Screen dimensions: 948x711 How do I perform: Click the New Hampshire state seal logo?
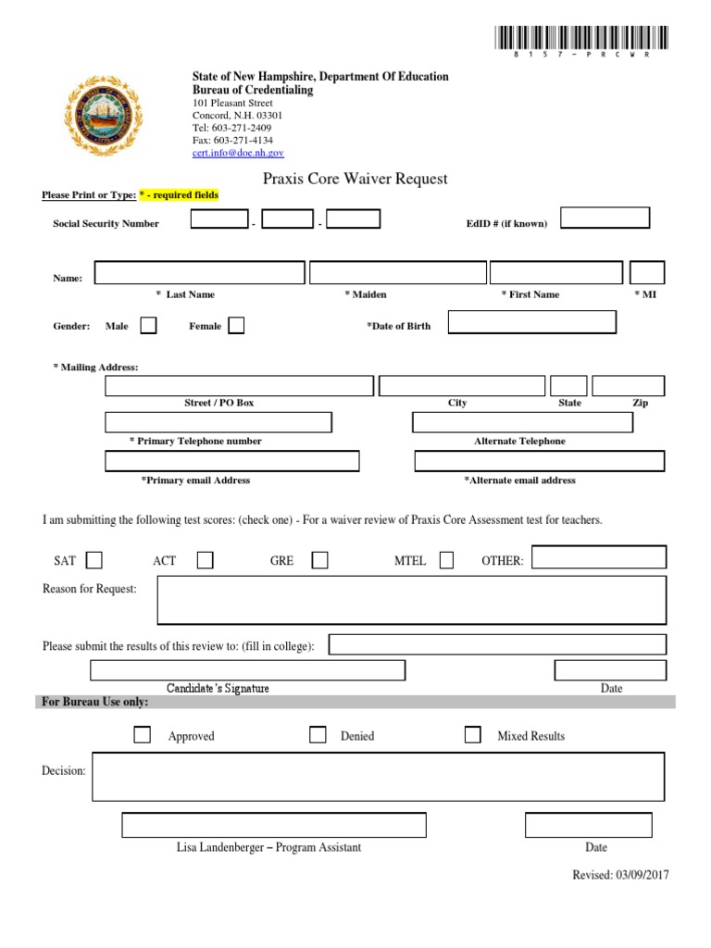(x=104, y=116)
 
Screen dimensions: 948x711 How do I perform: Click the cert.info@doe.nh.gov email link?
(x=238, y=153)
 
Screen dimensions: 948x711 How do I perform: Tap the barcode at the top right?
(x=574, y=39)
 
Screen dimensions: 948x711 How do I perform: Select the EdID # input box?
(x=605, y=218)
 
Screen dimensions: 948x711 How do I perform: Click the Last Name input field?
(x=199, y=273)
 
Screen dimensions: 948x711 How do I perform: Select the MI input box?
(x=647, y=273)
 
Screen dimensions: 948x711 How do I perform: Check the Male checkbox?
(x=148, y=325)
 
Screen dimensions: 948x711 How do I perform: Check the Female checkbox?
(x=236, y=325)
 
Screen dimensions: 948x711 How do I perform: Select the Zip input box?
(x=628, y=386)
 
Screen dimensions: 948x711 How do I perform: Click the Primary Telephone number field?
(x=218, y=423)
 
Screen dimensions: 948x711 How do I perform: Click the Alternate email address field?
(x=539, y=461)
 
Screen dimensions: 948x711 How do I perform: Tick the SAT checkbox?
(x=94, y=560)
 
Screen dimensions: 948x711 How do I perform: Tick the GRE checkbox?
(x=319, y=560)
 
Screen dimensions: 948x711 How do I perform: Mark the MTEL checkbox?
(x=446, y=560)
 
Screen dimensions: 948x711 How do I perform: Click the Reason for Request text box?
(x=411, y=600)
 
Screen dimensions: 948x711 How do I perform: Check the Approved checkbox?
(x=143, y=735)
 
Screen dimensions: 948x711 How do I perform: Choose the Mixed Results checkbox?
(x=472, y=735)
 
